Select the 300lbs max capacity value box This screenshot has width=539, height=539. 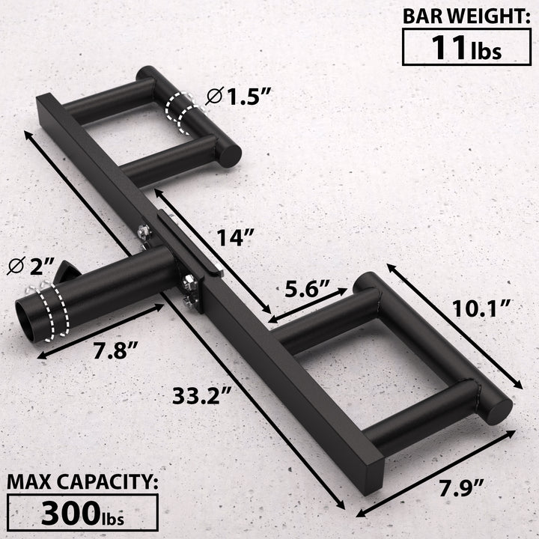pos(82,512)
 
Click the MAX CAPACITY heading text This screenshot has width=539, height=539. pos(82,481)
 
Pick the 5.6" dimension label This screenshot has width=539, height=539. pos(308,288)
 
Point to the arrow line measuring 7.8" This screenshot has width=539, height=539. pos(100,330)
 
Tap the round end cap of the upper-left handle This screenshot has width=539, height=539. pos(228,154)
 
